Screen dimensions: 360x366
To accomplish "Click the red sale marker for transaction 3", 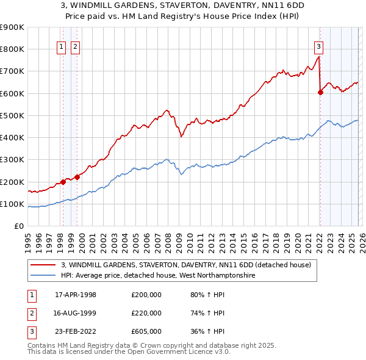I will (320, 92).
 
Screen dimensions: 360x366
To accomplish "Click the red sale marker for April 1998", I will (63, 181).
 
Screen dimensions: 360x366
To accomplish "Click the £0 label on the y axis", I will (18, 226).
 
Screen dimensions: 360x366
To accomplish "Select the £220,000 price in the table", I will (146, 313).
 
